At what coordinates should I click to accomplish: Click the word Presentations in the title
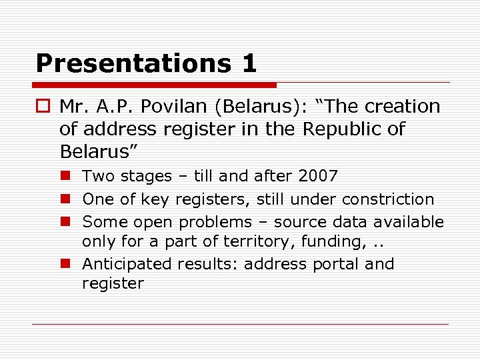tap(127, 63)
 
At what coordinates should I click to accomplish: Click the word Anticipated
tap(127, 264)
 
